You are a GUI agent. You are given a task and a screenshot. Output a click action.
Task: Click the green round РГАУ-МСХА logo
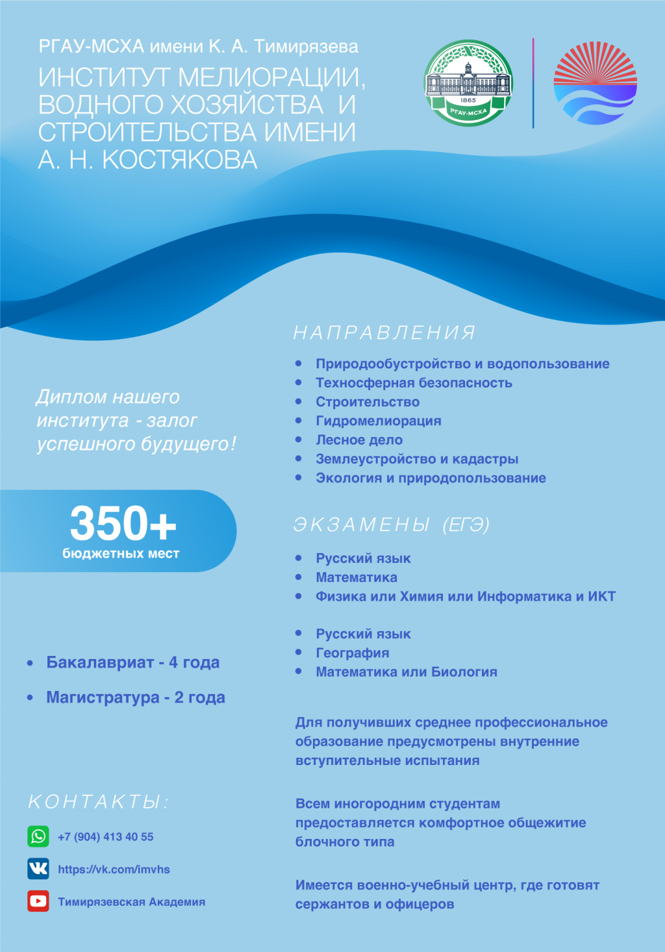(x=468, y=83)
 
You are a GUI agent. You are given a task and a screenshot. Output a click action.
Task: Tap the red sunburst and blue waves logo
(x=595, y=83)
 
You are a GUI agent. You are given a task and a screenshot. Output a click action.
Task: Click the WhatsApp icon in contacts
(x=38, y=836)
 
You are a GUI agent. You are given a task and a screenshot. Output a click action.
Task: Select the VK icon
(x=38, y=869)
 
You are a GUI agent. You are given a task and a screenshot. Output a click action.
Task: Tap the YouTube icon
(x=38, y=901)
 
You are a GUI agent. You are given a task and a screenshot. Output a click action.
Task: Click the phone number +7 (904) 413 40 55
(x=106, y=837)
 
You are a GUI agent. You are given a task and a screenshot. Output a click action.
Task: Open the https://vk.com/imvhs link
(x=114, y=870)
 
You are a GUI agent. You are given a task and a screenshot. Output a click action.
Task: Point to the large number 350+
(x=123, y=523)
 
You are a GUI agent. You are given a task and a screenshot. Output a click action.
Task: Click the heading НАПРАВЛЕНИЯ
(x=384, y=333)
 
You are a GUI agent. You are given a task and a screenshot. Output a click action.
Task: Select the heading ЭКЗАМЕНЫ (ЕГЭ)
(x=392, y=525)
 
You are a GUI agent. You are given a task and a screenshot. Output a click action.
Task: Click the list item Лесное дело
(x=359, y=440)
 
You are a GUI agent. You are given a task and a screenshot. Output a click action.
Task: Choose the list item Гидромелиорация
(x=379, y=421)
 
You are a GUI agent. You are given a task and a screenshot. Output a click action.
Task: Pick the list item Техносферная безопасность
(x=414, y=383)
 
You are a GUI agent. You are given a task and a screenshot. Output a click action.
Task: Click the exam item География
(x=353, y=653)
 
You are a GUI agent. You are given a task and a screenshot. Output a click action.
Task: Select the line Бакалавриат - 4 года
(x=132, y=663)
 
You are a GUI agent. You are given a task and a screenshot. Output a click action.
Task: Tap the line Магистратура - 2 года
(x=135, y=698)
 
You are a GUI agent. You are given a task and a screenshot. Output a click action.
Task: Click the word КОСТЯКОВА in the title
(x=180, y=160)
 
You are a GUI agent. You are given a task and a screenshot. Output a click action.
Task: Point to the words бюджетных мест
(x=121, y=554)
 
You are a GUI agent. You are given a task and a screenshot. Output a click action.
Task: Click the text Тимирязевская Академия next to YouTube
(x=131, y=902)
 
